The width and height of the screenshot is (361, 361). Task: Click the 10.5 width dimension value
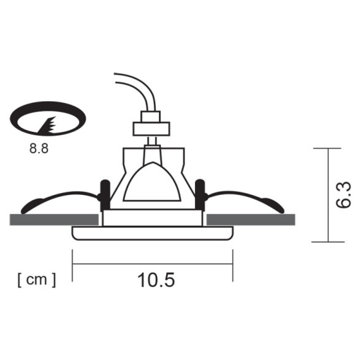click(x=156, y=280)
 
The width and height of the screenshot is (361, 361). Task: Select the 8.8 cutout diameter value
click(x=38, y=150)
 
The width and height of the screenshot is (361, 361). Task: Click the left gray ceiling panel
click(x=55, y=219)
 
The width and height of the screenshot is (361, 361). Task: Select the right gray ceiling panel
click(x=251, y=219)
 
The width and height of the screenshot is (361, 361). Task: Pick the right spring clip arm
click(x=245, y=198)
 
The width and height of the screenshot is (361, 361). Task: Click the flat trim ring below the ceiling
click(x=153, y=234)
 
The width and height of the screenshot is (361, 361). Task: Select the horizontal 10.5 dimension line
click(x=153, y=264)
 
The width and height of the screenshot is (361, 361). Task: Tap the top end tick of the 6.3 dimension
click(x=328, y=148)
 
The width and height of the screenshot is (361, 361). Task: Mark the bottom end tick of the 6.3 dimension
click(x=328, y=242)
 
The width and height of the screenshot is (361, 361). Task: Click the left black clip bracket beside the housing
click(x=105, y=194)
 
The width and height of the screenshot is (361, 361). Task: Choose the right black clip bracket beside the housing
click(x=200, y=194)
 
